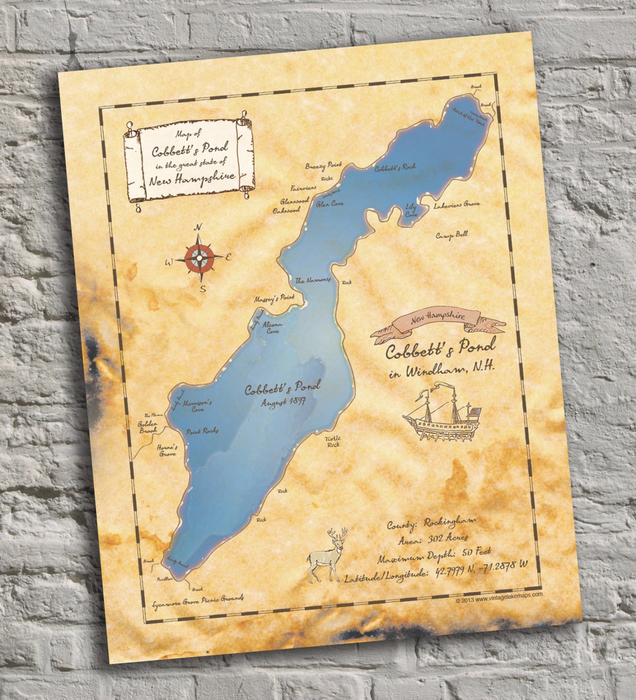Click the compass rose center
pos(201,256)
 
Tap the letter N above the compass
pos(198,227)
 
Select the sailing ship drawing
pos(442,414)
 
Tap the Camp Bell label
pos(452,235)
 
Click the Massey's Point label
pos(274,299)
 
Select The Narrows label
pos(313,280)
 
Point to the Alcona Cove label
pos(272,328)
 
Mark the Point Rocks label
pos(202,431)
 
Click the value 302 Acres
pos(449,537)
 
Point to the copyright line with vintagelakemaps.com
pos(499,596)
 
